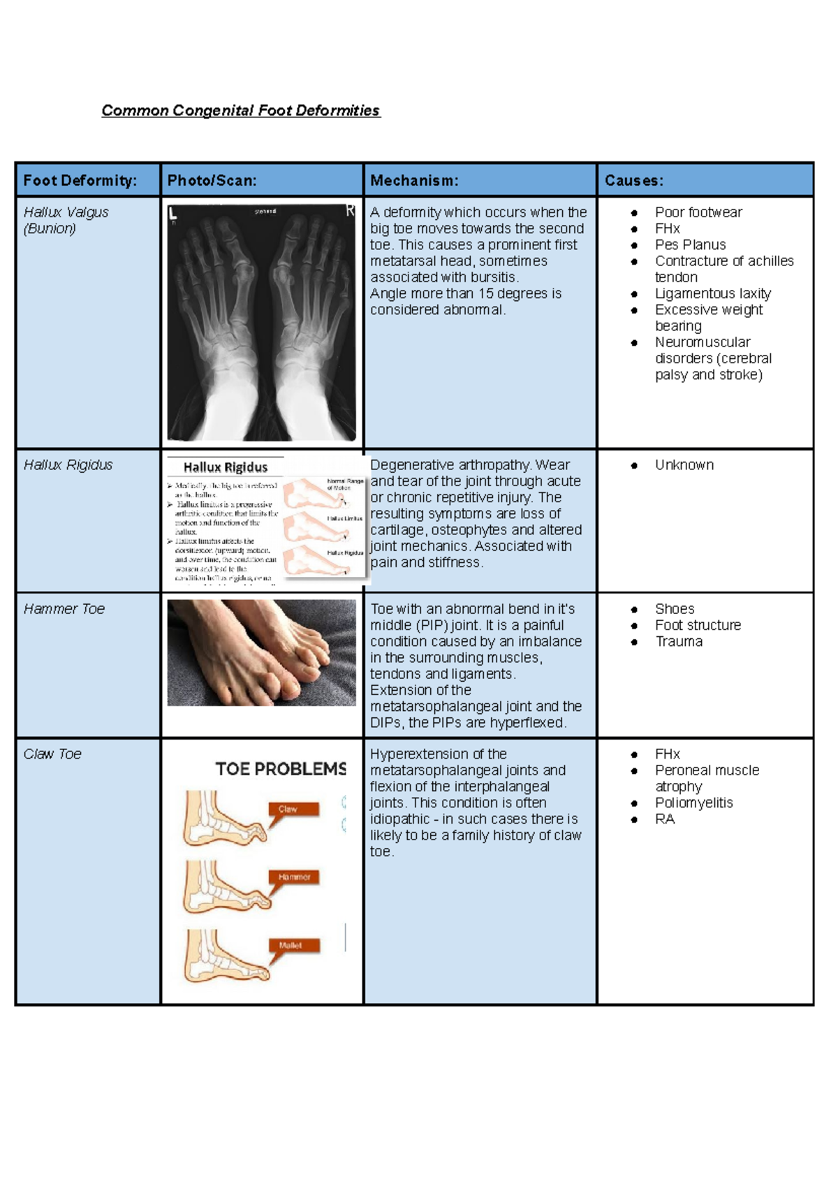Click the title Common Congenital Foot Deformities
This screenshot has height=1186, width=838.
(240, 110)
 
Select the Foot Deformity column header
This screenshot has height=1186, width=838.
(80, 180)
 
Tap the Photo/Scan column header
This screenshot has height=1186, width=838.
(212, 180)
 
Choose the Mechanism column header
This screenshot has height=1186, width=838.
(414, 180)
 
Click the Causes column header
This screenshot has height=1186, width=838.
(633, 180)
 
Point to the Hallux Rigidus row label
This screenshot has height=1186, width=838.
(68, 465)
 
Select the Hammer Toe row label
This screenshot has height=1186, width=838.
(64, 609)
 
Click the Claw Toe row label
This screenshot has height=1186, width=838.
(52, 754)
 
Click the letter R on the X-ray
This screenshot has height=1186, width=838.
(350, 210)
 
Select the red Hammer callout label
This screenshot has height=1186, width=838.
(294, 877)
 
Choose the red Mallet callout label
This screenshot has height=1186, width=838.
(293, 945)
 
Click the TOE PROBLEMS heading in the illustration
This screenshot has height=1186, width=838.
(281, 769)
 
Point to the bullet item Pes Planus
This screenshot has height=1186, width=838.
(690, 245)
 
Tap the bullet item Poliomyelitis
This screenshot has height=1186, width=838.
(693, 803)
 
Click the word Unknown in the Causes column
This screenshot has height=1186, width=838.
(684, 465)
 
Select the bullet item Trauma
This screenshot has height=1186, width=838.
(678, 642)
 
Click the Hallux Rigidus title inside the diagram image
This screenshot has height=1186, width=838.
(225, 467)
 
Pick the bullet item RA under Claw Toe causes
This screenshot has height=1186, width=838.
(664, 819)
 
